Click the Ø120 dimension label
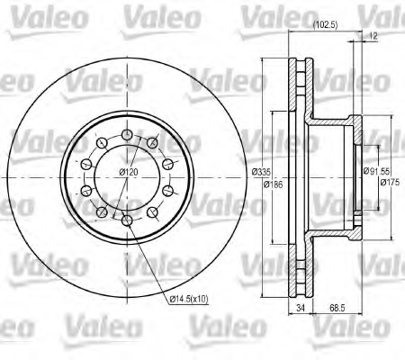coord(129,172)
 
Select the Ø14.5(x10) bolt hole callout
coord(189,299)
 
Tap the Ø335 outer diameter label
coord(261,172)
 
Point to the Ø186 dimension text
coord(273,184)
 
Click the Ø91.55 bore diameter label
coord(376,171)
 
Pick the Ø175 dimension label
coord(390,182)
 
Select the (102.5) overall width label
coord(325,25)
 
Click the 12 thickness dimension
coord(373,36)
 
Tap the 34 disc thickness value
coord(301,308)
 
